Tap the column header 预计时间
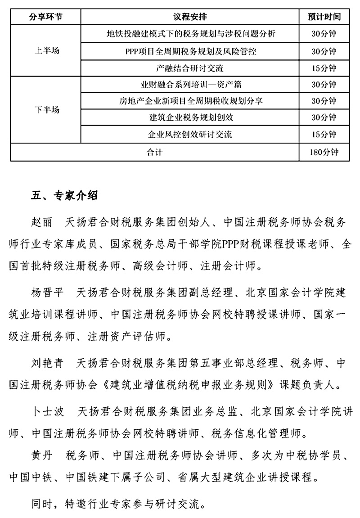pos(324,17)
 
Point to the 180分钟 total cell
pos(324,152)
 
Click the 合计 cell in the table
pos(154,152)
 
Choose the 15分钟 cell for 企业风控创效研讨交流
pos(324,134)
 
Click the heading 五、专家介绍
pos(65,196)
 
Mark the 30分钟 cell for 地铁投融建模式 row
pos(324,34)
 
